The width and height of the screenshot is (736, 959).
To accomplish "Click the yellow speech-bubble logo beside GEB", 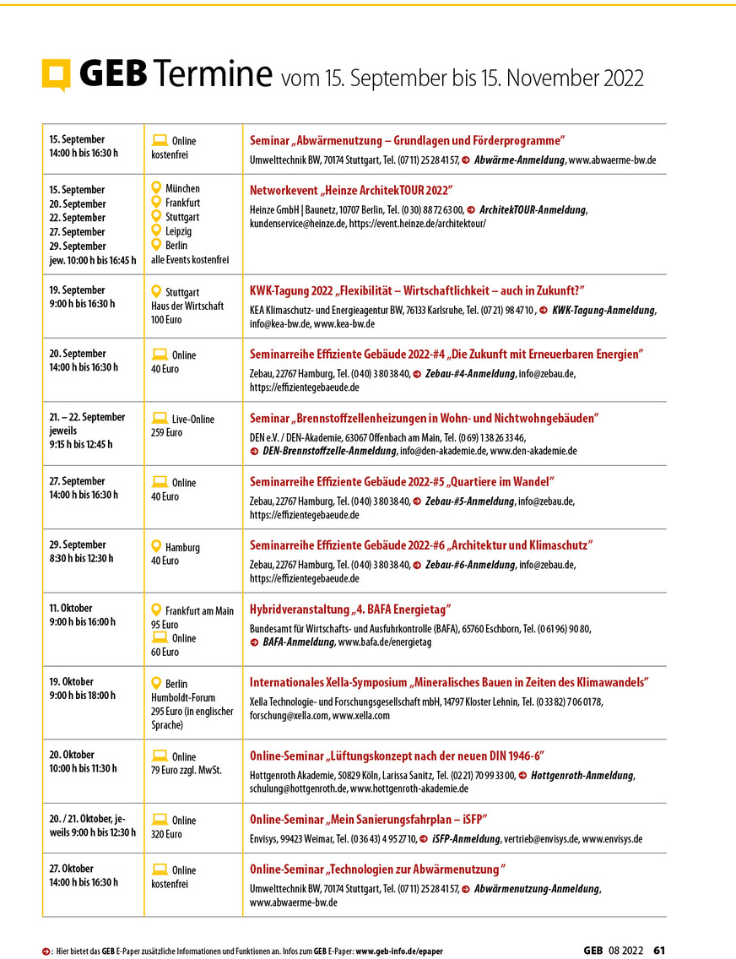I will coord(55,76).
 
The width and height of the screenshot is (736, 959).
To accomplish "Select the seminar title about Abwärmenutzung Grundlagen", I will coord(407,140).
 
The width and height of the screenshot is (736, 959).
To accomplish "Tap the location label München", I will coord(182,188).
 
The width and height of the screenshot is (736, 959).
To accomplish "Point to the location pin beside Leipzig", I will coord(155,230).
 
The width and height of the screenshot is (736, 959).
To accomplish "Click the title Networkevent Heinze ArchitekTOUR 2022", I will coord(351,190).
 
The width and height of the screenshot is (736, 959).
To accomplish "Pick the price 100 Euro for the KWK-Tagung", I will coord(165,320).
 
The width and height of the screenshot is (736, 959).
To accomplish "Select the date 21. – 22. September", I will coord(87,417).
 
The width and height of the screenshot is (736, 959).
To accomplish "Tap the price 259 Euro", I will coord(166,433).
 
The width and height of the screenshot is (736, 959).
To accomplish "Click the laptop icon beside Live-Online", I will coord(158,418).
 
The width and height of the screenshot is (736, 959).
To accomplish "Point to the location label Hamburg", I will coord(182,548).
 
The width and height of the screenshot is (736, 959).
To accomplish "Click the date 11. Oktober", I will coord(71,608).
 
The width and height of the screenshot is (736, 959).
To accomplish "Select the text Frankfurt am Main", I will coord(199,611).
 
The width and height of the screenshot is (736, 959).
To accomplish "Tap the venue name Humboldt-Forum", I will coord(183,698).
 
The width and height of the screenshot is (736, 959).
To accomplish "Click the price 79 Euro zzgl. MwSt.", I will coord(187,771).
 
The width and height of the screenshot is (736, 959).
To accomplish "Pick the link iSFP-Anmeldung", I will coord(465,839).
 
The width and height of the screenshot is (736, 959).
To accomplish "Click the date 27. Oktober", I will coord(71,869).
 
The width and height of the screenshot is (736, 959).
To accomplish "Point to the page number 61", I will coord(659,950).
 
